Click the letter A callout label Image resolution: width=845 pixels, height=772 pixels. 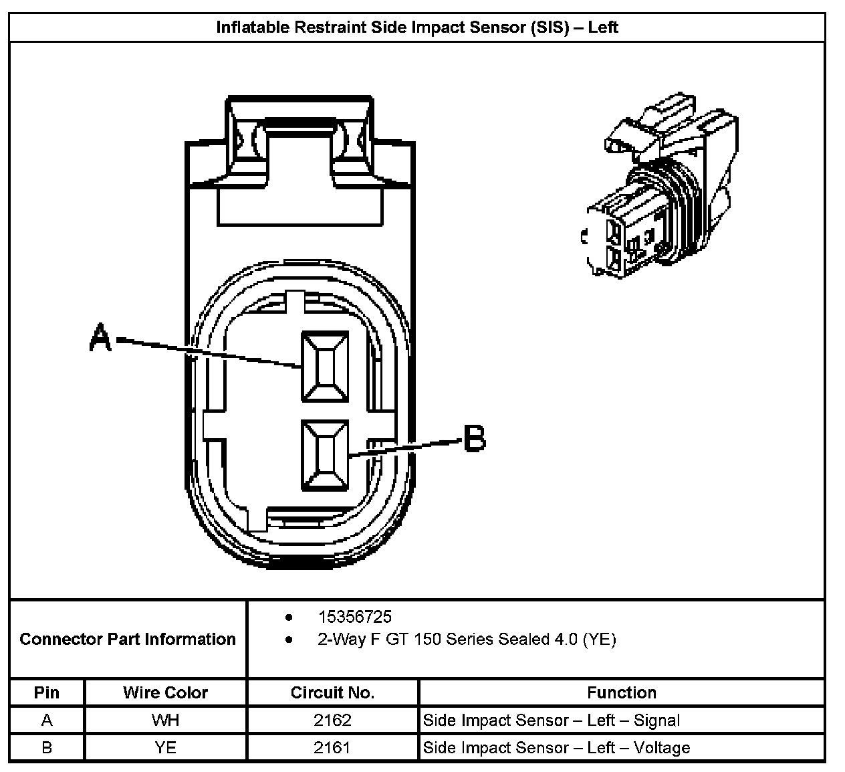[x=100, y=338]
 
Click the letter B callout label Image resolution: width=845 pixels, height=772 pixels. [x=475, y=440]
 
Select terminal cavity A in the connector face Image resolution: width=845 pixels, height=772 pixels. [x=325, y=367]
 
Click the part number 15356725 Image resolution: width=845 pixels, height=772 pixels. [x=354, y=616]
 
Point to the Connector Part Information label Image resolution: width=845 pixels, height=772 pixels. [x=128, y=639]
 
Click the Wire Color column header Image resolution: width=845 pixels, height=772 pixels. [x=165, y=692]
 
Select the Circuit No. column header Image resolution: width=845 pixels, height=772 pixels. [x=332, y=692]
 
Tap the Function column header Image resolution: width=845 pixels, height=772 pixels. [x=622, y=692]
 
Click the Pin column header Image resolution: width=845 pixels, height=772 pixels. [x=47, y=692]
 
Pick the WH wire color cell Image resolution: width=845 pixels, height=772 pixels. [x=165, y=720]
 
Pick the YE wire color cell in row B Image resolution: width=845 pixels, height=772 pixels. [x=165, y=747]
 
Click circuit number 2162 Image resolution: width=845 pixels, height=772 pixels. [x=332, y=720]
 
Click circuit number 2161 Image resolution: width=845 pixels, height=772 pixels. [x=332, y=747]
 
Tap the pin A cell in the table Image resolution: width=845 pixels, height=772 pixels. [x=47, y=720]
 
